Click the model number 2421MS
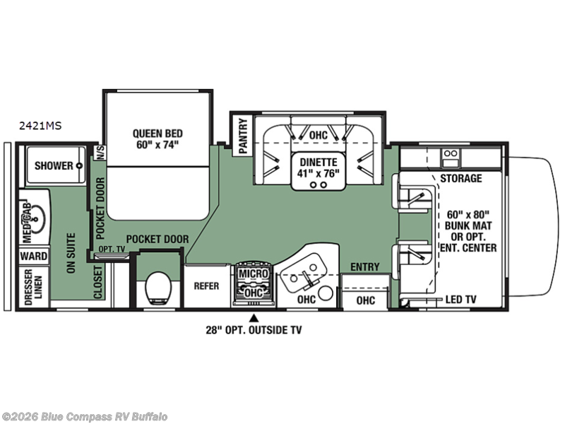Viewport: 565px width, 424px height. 40,126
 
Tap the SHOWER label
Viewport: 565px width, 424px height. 54,166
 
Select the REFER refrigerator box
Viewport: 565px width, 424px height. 206,286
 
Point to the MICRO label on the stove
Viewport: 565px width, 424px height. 254,273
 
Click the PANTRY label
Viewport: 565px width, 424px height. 243,136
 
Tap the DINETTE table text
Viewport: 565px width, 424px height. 319,163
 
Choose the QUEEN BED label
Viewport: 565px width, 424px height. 157,134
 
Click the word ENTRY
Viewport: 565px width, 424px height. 365,267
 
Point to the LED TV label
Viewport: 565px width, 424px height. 461,299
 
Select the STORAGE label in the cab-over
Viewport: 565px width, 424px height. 461,178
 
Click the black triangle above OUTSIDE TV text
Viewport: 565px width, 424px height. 254,317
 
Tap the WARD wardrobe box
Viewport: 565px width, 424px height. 33,256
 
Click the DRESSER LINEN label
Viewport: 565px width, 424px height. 33,287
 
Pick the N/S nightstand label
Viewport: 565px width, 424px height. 100,153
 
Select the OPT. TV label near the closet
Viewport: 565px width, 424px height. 112,249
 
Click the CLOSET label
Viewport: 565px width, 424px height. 98,282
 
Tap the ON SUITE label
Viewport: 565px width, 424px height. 71,253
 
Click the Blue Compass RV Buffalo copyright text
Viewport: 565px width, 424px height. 83,417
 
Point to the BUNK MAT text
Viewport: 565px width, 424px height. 468,225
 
